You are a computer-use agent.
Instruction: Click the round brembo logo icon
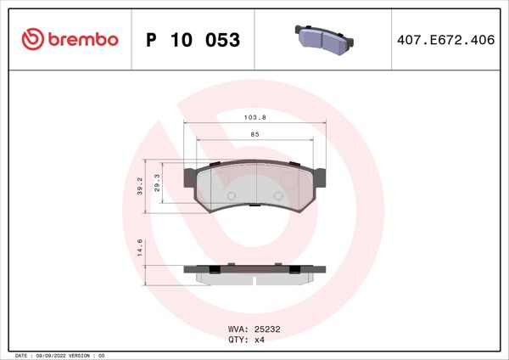[x=31, y=40]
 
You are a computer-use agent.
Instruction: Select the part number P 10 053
[x=193, y=40]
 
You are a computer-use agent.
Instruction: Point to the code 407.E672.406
[x=445, y=40]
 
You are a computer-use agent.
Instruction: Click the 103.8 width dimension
[x=255, y=118]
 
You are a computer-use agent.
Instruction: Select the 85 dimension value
[x=255, y=133]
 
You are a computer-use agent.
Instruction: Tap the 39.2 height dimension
[x=140, y=187]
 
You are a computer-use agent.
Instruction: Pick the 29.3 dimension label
[x=158, y=182]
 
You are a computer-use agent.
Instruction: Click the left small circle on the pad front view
[x=230, y=196]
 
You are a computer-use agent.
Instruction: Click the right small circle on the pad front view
[x=278, y=196]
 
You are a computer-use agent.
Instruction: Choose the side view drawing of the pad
[x=255, y=273]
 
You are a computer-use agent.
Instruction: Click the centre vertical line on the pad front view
[x=256, y=183]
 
